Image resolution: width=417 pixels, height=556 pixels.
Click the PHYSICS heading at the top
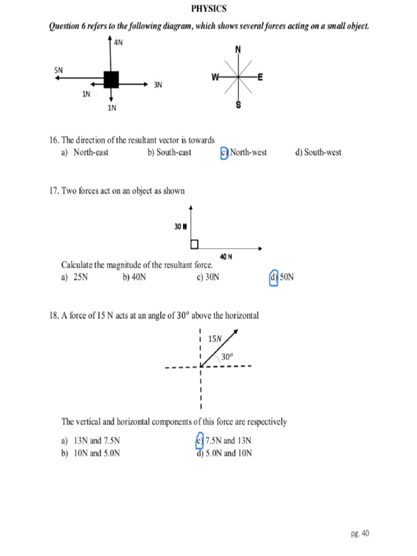[208, 9]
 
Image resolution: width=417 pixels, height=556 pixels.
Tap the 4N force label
[118, 43]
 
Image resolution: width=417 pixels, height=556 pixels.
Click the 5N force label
[59, 70]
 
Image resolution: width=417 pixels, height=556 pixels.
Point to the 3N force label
[158, 85]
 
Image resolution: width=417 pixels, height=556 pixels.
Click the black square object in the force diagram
[111, 79]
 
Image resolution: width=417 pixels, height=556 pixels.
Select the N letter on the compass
[238, 50]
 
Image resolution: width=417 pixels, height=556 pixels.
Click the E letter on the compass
[260, 78]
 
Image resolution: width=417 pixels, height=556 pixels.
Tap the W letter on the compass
[216, 77]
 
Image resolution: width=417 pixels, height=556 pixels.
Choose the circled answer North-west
[244, 153]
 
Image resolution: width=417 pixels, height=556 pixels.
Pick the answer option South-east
[169, 153]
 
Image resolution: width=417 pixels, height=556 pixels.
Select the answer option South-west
[318, 153]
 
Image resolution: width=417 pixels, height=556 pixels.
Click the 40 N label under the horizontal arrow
[226, 256]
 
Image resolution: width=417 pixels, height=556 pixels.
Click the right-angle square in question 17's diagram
[194, 245]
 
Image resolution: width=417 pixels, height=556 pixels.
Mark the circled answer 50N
[282, 277]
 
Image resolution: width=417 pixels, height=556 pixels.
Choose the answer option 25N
[75, 277]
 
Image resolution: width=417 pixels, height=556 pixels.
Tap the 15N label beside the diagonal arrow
[215, 339]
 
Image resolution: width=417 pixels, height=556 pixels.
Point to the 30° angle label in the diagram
[227, 357]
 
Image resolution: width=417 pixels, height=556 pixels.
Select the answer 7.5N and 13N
[224, 441]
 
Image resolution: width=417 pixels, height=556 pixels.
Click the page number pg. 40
[359, 533]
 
